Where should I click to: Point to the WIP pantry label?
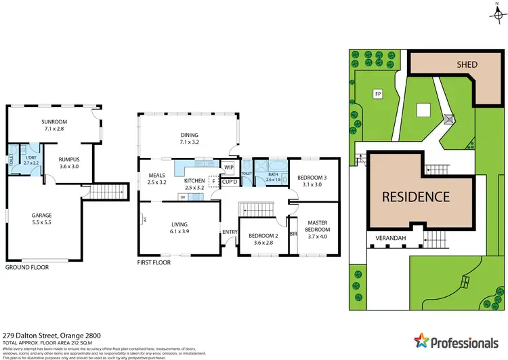(x=229, y=167)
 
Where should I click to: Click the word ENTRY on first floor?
(x=230, y=232)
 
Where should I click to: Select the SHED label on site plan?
(x=466, y=65)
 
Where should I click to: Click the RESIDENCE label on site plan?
(x=416, y=197)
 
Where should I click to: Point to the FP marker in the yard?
(x=377, y=94)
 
